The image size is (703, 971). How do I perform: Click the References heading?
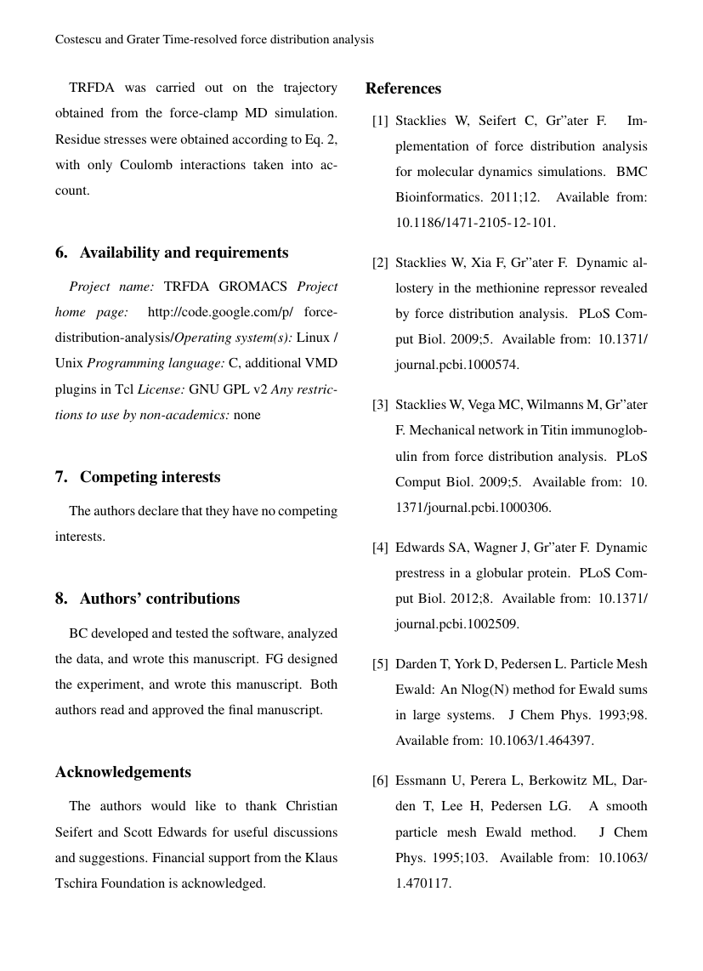point(403,88)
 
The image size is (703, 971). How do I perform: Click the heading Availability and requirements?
point(172,253)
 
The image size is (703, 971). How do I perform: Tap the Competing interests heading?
point(138,477)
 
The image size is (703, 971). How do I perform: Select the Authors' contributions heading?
point(147,599)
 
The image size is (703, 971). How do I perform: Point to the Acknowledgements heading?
point(123,772)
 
